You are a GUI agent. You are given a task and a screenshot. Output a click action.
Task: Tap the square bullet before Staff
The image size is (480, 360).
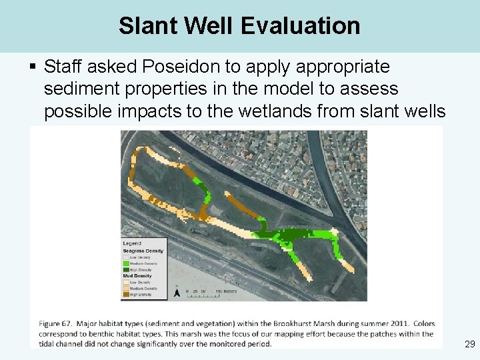[x=33, y=67]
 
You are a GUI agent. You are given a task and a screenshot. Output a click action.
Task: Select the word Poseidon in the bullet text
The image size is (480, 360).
[x=176, y=67]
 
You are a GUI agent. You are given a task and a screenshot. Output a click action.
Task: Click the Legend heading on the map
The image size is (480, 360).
[x=132, y=243]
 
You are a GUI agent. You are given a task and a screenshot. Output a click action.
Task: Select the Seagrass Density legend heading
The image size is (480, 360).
[x=143, y=251]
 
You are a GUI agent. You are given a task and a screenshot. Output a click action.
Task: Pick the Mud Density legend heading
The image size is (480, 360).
[x=137, y=275]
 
